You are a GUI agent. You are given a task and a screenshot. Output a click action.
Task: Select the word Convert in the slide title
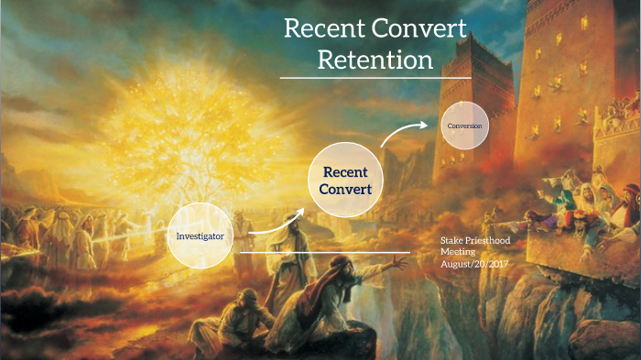pos(418,27)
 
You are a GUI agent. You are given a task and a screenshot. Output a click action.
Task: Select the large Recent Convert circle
pos(344,180)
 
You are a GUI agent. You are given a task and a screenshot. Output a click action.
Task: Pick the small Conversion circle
pos(464,125)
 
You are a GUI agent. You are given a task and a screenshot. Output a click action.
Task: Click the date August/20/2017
pos(473,264)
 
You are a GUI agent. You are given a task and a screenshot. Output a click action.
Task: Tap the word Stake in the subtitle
pos(452,241)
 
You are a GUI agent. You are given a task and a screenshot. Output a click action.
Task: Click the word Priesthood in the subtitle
pos(490,241)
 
